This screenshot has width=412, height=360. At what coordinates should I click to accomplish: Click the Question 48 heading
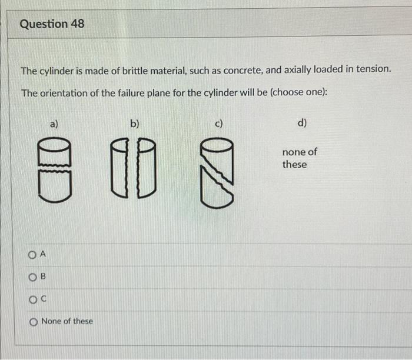click(52, 24)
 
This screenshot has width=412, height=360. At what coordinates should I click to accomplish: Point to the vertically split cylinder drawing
click(135, 168)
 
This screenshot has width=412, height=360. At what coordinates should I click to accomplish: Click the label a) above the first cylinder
click(54, 124)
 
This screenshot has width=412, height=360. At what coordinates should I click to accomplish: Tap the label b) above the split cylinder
click(135, 124)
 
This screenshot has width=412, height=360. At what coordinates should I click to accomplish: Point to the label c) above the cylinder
click(218, 124)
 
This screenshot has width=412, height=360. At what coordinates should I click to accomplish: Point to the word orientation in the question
click(64, 94)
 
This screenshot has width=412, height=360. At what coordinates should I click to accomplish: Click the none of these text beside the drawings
click(298, 158)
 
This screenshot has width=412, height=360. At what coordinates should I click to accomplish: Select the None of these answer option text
click(67, 321)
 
